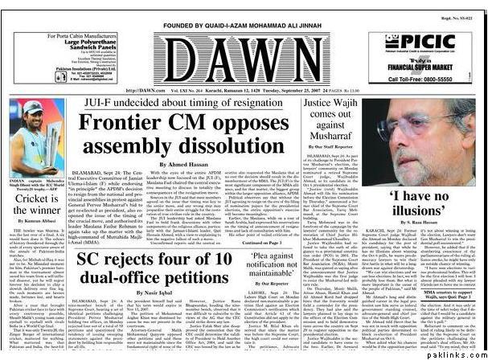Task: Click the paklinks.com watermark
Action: [464, 354]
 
